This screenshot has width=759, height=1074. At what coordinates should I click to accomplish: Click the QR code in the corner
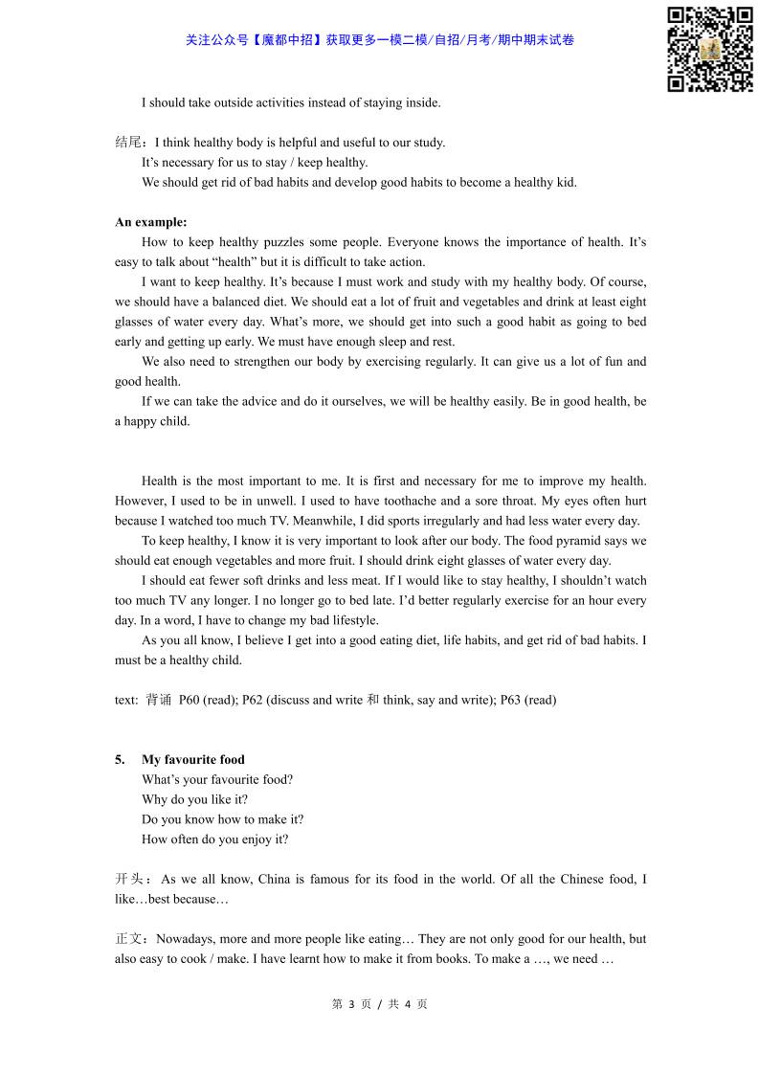point(709,50)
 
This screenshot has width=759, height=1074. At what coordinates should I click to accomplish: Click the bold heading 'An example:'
point(151,222)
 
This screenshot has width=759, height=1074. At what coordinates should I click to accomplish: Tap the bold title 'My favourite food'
point(193,760)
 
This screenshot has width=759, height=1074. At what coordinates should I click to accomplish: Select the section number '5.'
point(121,760)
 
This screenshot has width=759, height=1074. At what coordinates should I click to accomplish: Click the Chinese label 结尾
point(129,143)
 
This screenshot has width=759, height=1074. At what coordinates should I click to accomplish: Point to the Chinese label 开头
point(129,879)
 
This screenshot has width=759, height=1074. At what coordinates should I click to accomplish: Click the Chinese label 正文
point(129,939)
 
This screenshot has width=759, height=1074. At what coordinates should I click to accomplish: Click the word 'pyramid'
point(561,541)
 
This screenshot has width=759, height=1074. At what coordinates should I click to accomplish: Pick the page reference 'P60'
point(189,700)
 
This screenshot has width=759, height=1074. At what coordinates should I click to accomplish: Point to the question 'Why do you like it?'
point(194,799)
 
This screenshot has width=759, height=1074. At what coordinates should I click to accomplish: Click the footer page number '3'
point(351,1004)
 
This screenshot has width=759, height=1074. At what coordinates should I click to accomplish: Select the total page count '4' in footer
point(408,1004)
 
